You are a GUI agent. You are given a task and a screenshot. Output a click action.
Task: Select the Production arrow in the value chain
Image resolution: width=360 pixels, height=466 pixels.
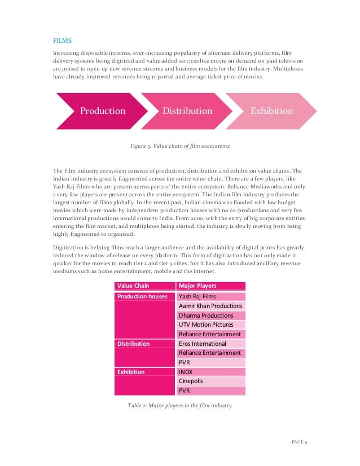coord(103,111)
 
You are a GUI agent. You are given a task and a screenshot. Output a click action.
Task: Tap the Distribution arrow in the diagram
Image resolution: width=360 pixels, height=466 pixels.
coord(187,111)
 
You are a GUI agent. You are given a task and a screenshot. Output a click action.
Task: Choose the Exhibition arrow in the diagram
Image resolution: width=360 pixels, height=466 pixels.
coord(272,111)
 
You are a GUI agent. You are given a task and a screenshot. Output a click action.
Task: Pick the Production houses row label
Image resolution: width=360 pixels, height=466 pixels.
coord(142,296)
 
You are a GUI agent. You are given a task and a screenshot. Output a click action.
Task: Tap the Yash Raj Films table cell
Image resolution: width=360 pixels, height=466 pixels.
coord(197,296)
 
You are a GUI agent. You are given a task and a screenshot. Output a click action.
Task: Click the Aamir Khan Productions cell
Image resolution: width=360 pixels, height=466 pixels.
coord(210,306)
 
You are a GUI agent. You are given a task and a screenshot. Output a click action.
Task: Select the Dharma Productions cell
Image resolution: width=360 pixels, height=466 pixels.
coord(205,315)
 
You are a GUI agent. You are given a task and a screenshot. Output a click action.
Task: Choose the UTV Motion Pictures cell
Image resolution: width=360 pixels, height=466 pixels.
coord(205,325)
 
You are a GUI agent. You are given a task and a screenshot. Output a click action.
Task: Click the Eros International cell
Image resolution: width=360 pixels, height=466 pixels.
coord(202,344)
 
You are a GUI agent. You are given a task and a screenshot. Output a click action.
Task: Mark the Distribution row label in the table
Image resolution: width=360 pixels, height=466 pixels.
coord(133,344)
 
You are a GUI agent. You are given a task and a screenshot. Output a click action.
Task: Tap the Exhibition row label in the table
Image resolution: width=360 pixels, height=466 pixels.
coord(131,372)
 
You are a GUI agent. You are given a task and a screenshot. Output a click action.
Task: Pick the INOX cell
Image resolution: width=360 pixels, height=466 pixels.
coord(186,372)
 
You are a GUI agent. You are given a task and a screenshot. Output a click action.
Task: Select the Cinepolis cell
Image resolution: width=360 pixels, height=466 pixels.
coord(191,381)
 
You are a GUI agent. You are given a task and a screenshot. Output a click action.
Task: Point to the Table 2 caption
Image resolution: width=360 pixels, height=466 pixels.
coord(179,406)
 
